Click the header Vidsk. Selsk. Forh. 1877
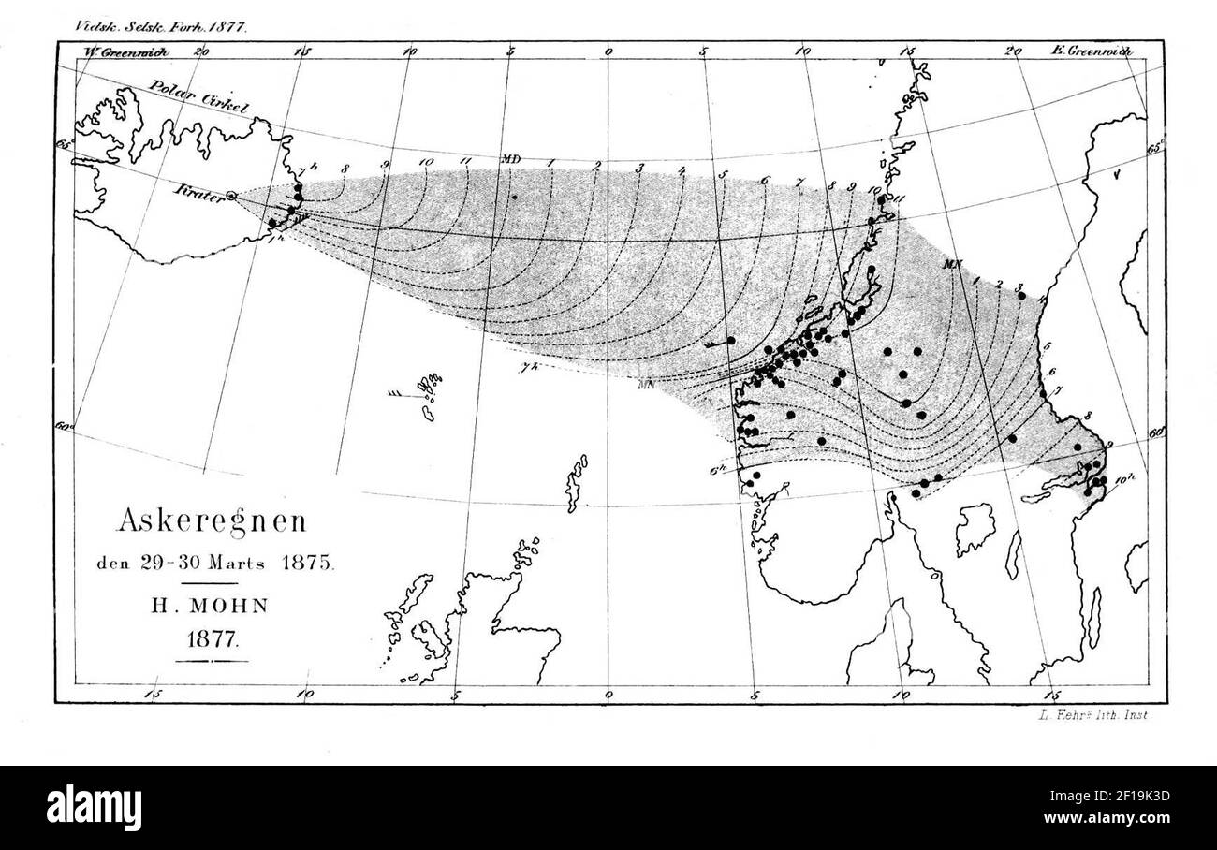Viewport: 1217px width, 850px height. point(160,27)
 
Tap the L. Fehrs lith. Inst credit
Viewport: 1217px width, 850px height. point(1092,716)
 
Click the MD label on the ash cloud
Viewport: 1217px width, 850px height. point(510,159)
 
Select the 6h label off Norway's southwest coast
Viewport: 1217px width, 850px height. point(717,471)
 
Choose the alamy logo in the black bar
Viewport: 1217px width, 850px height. point(94,806)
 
